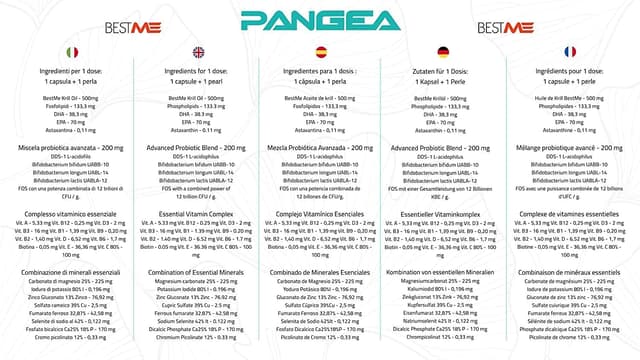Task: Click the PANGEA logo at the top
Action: [x=319, y=20]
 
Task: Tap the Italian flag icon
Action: [x=71, y=52]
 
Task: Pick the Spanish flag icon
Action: [x=320, y=52]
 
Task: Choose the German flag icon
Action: [x=443, y=52]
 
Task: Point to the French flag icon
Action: [x=569, y=52]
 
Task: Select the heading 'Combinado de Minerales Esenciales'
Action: [x=320, y=273]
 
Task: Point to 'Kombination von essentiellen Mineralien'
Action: [x=443, y=273]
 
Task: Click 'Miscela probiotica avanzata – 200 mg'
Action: [x=71, y=147]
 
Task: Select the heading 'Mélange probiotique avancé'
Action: [x=569, y=147]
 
